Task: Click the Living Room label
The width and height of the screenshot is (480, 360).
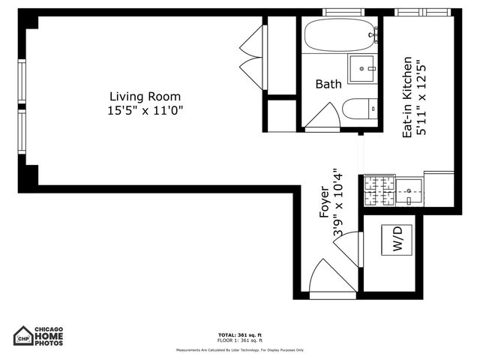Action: click(x=145, y=96)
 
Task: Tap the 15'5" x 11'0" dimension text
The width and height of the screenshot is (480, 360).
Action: click(x=145, y=110)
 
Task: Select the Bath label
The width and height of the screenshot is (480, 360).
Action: click(x=328, y=85)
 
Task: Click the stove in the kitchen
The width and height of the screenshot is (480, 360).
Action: click(x=379, y=190)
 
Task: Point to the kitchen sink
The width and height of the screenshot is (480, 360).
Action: click(x=408, y=191)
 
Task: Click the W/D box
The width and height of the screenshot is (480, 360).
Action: click(x=397, y=240)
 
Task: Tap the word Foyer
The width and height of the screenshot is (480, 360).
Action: click(x=324, y=202)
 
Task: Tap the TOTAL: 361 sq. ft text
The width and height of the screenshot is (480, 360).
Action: click(x=240, y=334)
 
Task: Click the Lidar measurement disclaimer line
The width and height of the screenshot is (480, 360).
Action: click(x=240, y=350)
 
